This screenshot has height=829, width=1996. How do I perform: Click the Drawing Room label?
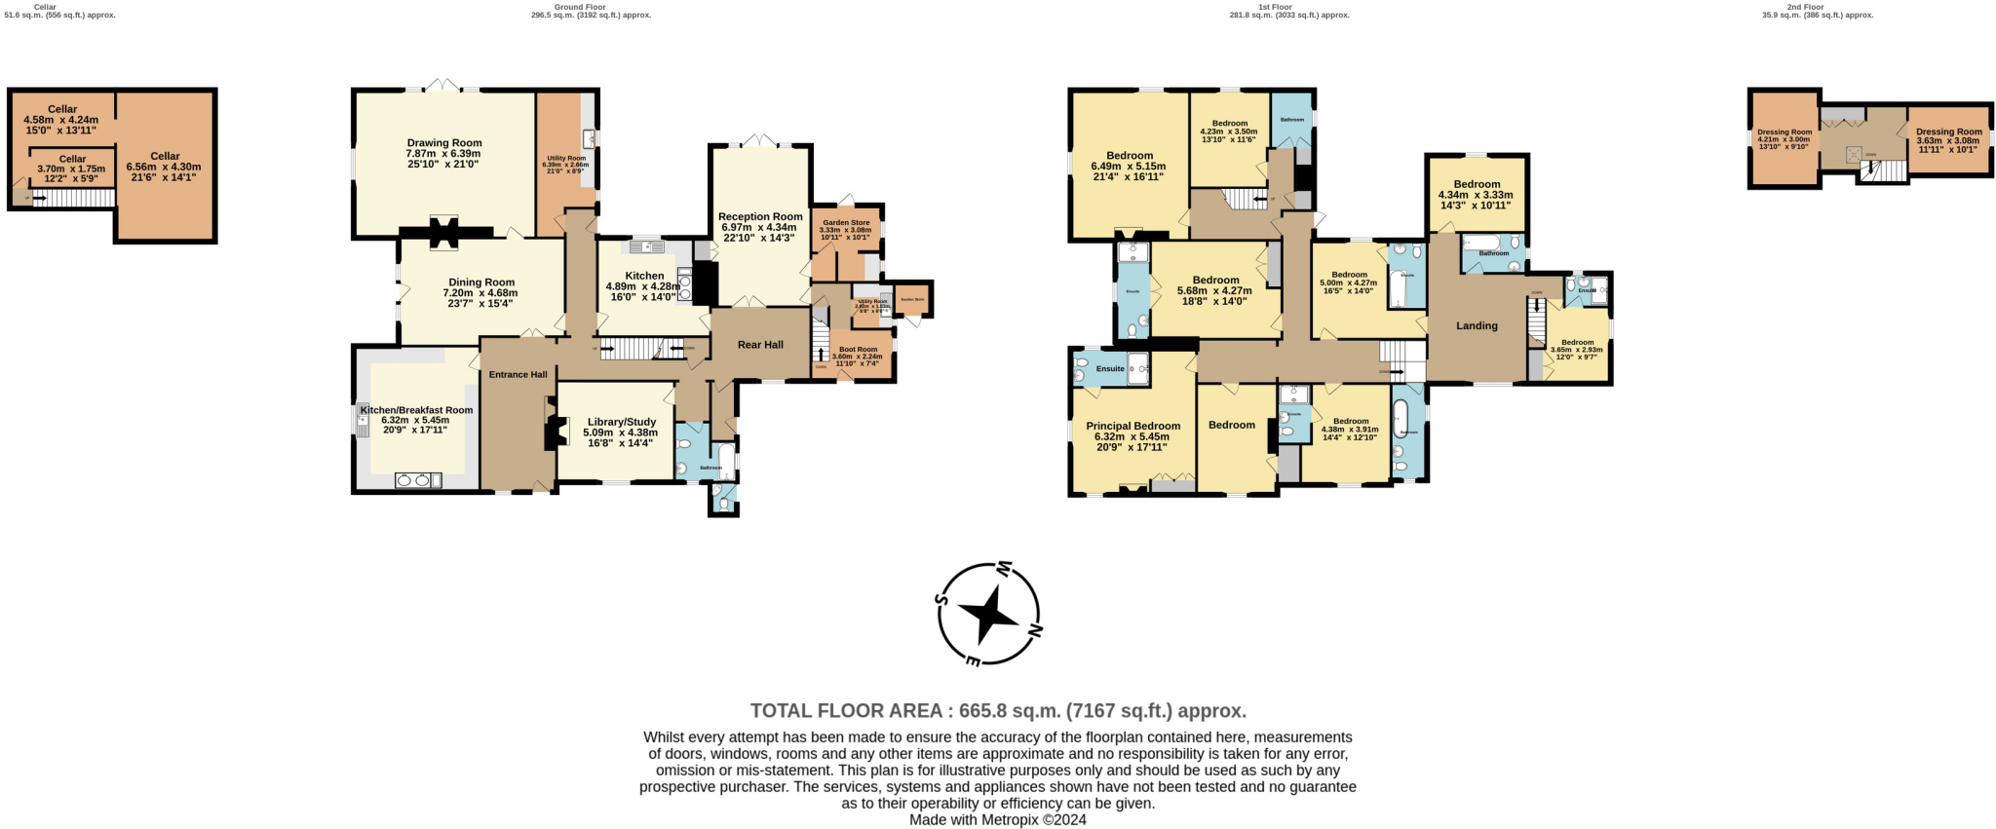coord(444,143)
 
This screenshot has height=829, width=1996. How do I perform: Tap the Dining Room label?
coord(481,283)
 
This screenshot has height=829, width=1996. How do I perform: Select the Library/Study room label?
coord(620,422)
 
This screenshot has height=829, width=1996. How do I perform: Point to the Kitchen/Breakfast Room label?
coord(416,410)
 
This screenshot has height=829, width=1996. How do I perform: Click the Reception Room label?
coord(760,216)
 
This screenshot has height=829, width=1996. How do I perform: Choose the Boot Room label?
coord(858,349)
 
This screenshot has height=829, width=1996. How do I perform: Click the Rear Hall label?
coord(760,345)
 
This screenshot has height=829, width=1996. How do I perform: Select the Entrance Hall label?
coord(518,375)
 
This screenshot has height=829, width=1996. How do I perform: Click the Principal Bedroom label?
coord(1132,426)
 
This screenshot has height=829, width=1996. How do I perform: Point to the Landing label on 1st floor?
coord(1477,326)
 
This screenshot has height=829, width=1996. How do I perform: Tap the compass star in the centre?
coord(988,614)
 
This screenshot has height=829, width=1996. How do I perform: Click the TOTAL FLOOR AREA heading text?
coord(998,711)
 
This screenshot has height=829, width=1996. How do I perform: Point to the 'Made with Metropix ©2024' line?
coord(997,820)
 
